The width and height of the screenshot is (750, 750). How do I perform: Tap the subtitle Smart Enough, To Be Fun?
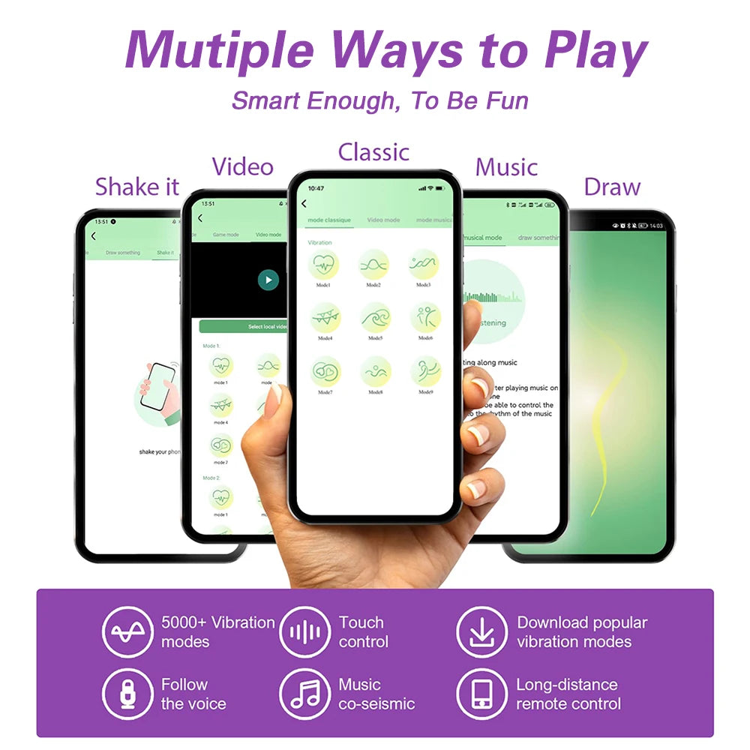point(379,100)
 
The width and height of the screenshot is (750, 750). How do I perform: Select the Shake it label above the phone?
point(138,186)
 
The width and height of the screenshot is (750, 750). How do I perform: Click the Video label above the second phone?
point(242,166)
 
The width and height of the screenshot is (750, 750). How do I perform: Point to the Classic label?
point(373,151)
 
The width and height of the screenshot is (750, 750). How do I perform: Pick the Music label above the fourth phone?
point(506,166)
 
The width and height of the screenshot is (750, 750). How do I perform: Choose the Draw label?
point(612,187)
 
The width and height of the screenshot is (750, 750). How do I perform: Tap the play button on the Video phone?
point(268,280)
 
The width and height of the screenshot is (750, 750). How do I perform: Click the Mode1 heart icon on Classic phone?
point(325,265)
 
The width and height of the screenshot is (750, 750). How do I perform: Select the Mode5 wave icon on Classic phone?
point(374,318)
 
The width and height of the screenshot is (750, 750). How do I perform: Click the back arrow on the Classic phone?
point(304,203)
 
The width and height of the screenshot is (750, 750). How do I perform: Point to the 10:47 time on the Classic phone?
point(316,188)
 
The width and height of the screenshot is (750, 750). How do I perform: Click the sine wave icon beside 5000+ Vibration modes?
point(127,631)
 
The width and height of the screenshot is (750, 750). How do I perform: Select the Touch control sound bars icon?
point(304,631)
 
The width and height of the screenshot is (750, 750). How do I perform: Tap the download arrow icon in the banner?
point(481,631)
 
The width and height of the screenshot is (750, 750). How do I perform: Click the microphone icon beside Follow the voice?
point(127,694)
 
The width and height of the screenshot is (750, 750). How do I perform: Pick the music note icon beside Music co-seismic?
point(304,694)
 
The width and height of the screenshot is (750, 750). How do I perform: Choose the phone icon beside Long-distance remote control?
point(481,694)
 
